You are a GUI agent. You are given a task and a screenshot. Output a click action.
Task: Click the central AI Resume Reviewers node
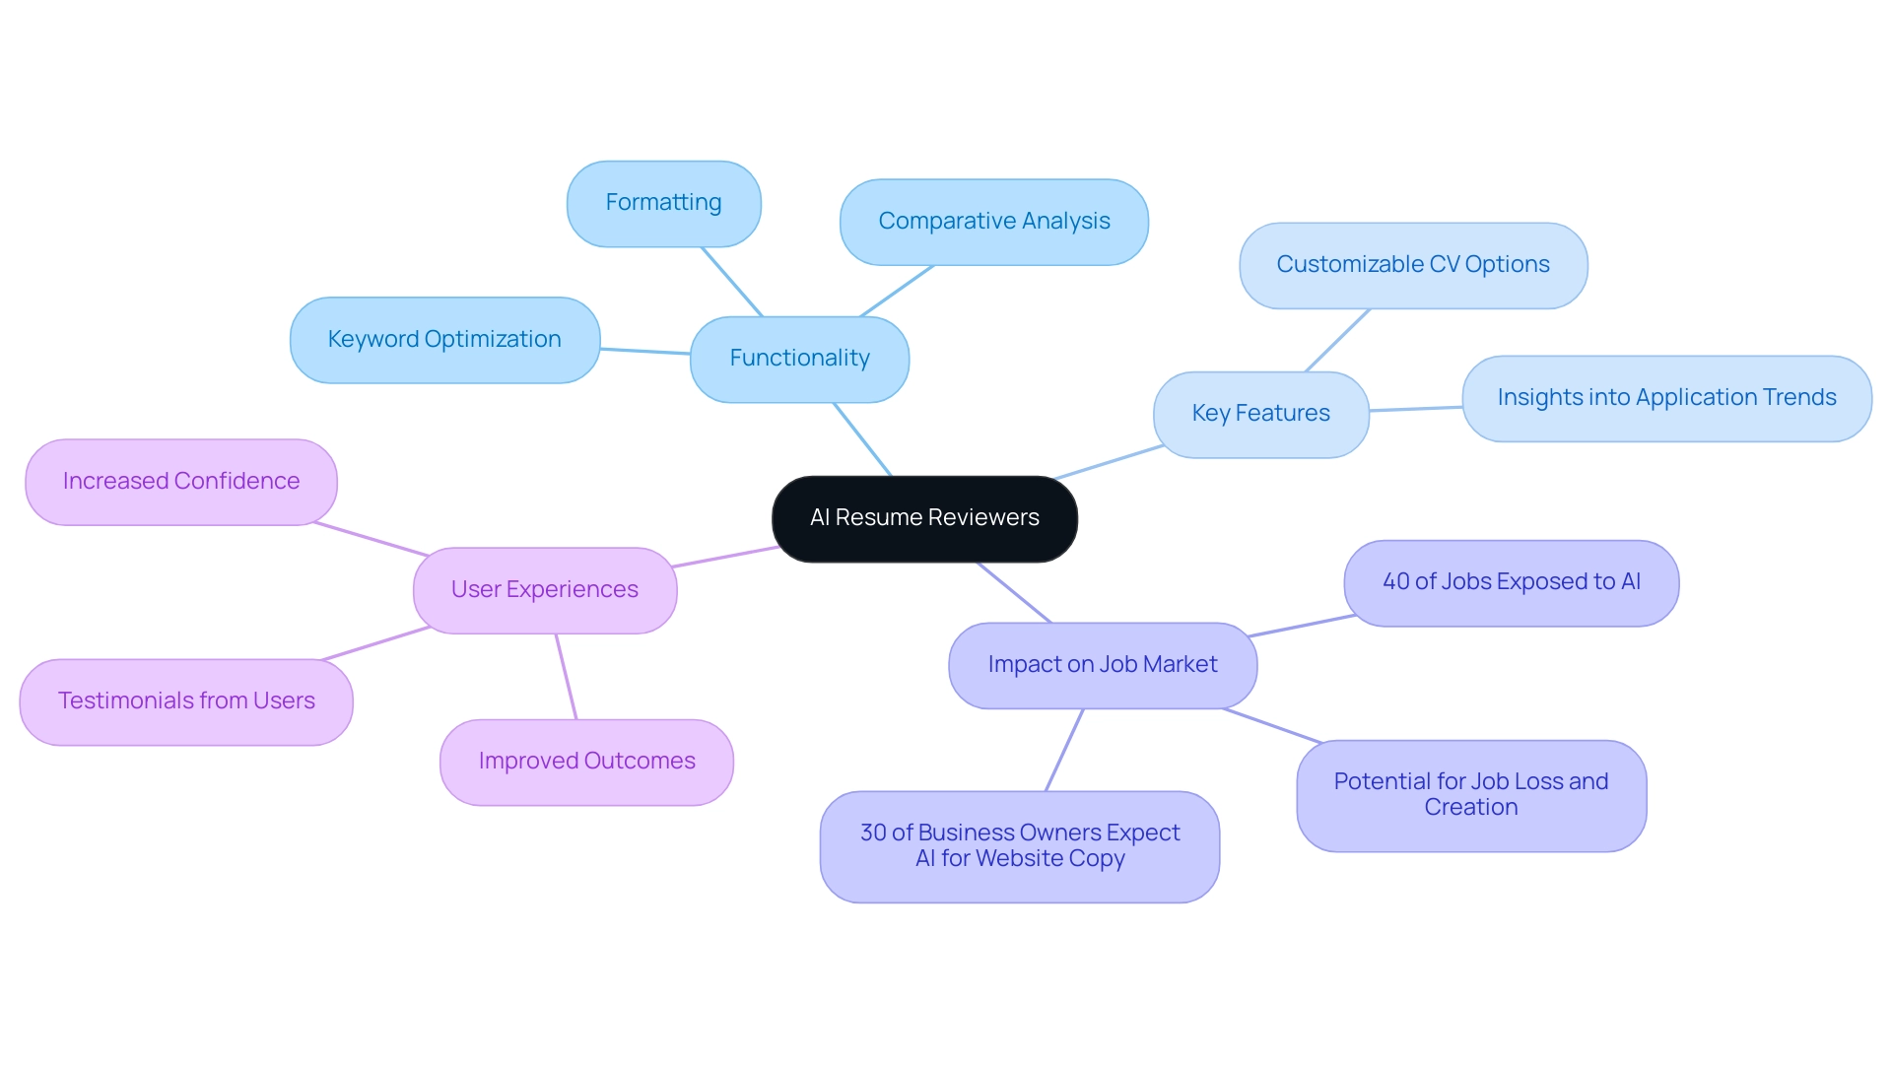coord(924,519)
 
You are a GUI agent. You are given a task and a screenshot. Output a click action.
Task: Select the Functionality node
coord(799,359)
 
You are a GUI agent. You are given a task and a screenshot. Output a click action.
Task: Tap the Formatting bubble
coord(663,203)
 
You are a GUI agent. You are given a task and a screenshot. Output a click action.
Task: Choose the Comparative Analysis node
coord(993,222)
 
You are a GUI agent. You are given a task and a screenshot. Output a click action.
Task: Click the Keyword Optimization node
coord(444,340)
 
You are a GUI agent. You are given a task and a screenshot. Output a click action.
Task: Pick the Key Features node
coord(1260,414)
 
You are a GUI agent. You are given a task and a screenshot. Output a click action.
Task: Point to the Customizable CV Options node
coord(1412,265)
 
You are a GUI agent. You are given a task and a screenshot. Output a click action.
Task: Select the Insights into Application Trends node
coord(1666,398)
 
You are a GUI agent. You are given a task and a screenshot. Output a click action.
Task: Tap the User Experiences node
coord(544,590)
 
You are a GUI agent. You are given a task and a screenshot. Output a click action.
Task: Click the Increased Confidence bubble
coord(181,482)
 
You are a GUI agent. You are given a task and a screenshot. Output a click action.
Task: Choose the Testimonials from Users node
coord(186,701)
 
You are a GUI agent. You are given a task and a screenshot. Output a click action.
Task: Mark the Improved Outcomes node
coord(586,762)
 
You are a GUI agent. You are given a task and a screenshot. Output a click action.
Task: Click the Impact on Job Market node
coord(1102,665)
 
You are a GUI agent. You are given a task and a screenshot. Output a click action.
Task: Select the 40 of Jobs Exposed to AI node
coord(1511,582)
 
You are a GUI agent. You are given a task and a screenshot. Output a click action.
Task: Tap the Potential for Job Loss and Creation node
coord(1470,795)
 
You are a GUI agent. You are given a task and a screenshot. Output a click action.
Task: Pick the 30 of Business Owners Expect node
coord(1019,846)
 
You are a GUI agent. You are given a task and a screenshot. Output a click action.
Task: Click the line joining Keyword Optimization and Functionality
coord(645,351)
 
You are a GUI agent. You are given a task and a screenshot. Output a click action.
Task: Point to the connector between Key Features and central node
coord(1110,462)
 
